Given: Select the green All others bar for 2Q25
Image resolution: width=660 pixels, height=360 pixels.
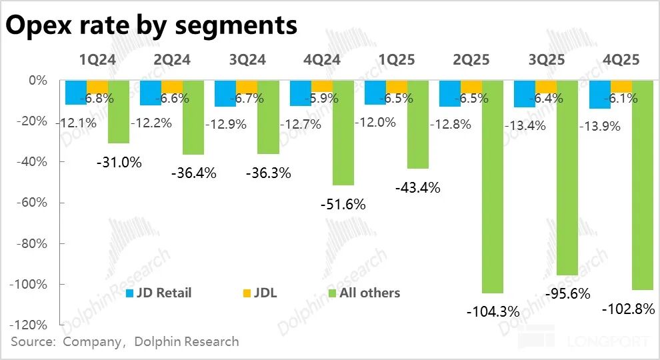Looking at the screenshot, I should pyautogui.click(x=492, y=187).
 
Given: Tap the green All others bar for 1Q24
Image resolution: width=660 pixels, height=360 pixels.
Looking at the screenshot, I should pyautogui.click(x=119, y=111).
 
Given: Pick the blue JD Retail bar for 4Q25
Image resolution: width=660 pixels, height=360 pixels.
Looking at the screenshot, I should pyautogui.click(x=599, y=95).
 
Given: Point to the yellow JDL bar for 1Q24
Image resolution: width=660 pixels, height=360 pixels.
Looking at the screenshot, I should pyautogui.click(x=97, y=87).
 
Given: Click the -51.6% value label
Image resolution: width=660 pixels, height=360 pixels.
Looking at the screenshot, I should pyautogui.click(x=343, y=204).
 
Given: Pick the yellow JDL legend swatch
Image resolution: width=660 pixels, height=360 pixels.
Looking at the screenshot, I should pyautogui.click(x=247, y=293).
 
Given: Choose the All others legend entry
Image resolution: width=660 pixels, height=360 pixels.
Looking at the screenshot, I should pyautogui.click(x=363, y=293).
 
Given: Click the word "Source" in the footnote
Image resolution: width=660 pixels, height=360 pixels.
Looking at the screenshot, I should pyautogui.click(x=33, y=342).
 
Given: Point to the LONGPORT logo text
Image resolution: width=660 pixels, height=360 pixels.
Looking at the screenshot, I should pyautogui.click(x=607, y=342).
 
